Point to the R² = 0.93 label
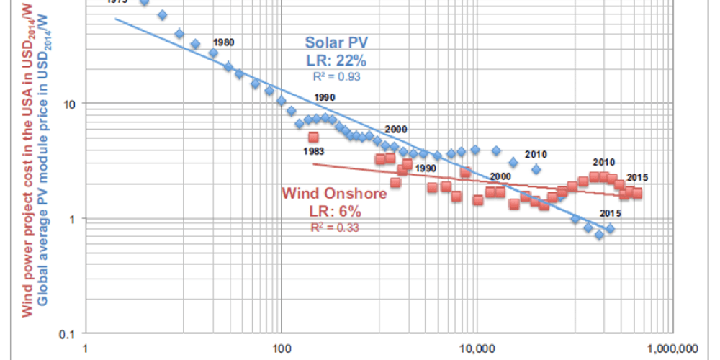[x=336, y=75]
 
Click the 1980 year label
[x=224, y=42]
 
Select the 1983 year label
[x=313, y=151]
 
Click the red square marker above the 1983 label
[x=312, y=137]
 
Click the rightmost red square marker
[x=636, y=193]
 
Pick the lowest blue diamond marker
[x=598, y=235]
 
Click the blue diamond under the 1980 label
[x=213, y=53]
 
